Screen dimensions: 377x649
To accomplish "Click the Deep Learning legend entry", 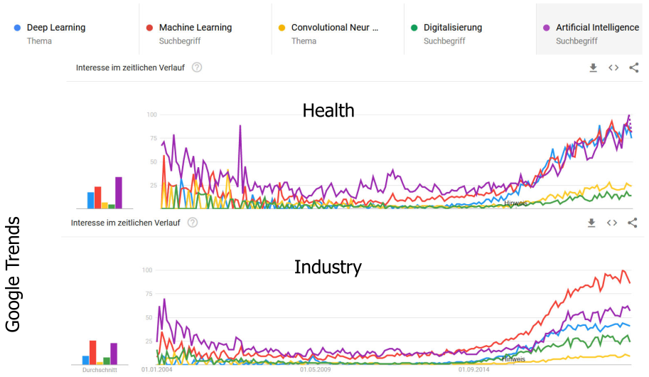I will coord(55,28).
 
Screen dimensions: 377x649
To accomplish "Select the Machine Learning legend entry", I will coord(195,28).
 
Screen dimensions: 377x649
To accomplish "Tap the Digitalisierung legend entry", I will coord(452,28).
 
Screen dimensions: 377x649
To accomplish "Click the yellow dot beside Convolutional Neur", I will coord(281,28).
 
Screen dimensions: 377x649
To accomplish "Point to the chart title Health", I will coord(328,110).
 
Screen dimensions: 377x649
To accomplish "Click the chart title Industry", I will coord(328,267).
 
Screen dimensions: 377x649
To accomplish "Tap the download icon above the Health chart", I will coord(594,68).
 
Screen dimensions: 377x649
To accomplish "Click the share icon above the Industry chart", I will coord(632,223).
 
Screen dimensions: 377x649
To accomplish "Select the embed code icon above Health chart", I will coord(613,68).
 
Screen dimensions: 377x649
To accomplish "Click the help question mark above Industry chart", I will coord(192,223).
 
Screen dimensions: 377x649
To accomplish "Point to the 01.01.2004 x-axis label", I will coord(156,370).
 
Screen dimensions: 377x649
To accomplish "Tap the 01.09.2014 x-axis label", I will coord(473,370).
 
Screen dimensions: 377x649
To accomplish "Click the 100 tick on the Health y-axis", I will coord(151,115).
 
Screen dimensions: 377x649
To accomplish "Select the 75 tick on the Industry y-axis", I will coord(147,294).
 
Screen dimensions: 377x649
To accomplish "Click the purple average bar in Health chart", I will coord(119,192).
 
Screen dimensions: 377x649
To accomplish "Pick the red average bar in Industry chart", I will coord(92,352).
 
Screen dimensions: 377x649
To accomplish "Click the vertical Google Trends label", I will coord(12,275).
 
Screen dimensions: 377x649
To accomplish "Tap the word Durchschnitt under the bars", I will coord(100,370).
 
